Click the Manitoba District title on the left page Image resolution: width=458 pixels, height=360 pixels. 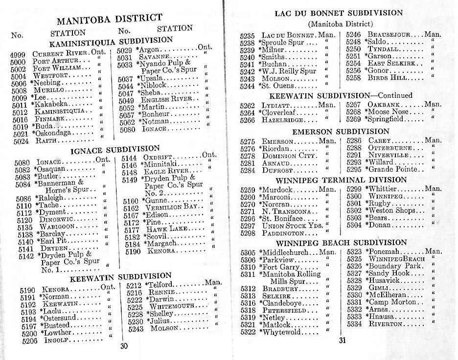[109, 20]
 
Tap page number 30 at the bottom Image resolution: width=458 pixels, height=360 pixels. [124, 346]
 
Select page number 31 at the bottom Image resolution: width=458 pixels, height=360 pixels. [342, 340]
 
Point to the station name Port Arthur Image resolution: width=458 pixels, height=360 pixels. [54, 62]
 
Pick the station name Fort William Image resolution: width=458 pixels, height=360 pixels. [55, 69]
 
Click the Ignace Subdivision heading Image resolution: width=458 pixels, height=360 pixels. [115, 149]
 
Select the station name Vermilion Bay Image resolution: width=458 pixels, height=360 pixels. [169, 207]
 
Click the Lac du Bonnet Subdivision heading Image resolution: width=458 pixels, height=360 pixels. [339, 13]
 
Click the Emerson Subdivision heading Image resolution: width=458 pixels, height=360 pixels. [341, 132]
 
